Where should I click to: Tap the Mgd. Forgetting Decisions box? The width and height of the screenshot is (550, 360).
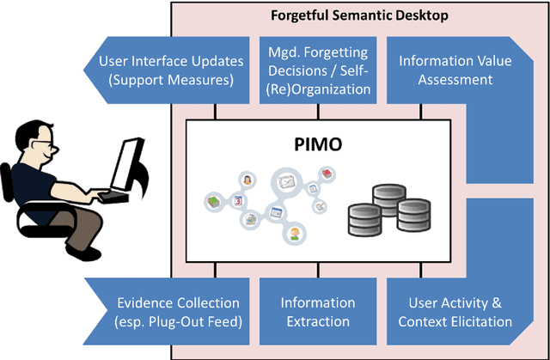[x=318, y=70]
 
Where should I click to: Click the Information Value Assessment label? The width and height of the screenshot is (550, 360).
[x=445, y=70]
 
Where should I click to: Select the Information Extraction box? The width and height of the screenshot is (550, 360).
[x=317, y=312]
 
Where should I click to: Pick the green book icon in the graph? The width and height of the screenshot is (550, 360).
[x=213, y=201]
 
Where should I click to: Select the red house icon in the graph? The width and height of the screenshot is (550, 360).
[x=327, y=174]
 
